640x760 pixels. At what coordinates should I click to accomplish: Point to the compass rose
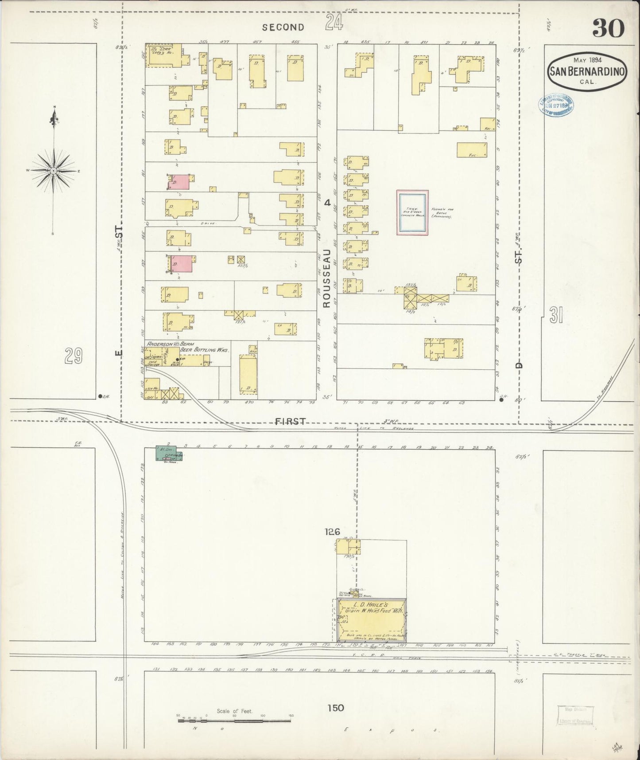[53, 170]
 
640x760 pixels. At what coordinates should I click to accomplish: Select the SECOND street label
[283, 27]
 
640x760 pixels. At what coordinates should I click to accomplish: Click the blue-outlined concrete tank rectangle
[412, 212]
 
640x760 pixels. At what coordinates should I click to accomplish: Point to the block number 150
[335, 708]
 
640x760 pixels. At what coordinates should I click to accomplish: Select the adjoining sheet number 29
[74, 356]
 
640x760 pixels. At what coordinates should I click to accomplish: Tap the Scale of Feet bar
[235, 721]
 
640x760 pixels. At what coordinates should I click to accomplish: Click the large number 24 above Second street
[334, 22]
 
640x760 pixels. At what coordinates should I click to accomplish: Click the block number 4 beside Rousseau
[327, 203]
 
